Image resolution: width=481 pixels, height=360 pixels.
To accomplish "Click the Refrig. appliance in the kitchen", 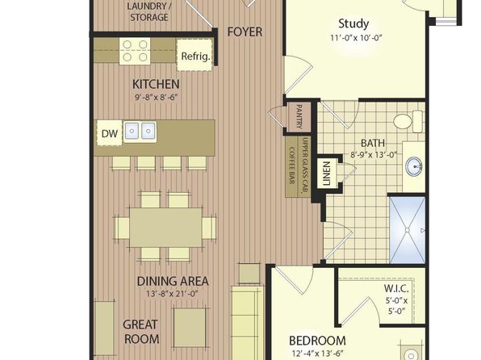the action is pyautogui.click(x=194, y=55).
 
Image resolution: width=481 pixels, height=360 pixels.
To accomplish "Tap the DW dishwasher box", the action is pyautogui.click(x=110, y=133).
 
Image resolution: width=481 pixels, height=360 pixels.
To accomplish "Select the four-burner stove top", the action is pyautogui.click(x=135, y=51).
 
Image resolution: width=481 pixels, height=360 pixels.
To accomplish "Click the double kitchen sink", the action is pyautogui.click(x=140, y=132).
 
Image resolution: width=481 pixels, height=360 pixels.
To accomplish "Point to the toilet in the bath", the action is pyautogui.click(x=408, y=121).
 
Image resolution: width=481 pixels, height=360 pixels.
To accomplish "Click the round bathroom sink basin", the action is pyautogui.click(x=414, y=167).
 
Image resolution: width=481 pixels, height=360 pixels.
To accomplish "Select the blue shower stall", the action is pyautogui.click(x=408, y=230).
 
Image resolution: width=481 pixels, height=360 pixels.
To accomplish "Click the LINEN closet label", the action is pyautogui.click(x=326, y=174).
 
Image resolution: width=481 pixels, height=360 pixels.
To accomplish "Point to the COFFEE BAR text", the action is pyautogui.click(x=291, y=166).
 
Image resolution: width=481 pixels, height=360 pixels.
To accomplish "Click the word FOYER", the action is pyautogui.click(x=245, y=32).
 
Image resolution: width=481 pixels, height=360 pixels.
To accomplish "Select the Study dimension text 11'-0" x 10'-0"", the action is pyautogui.click(x=356, y=38).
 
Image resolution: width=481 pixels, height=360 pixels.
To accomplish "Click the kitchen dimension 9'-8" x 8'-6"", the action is pyautogui.click(x=157, y=98).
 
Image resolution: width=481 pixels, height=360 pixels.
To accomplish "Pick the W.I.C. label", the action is pyautogui.click(x=396, y=288).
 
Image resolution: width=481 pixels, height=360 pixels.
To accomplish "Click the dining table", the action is pyautogui.click(x=165, y=227).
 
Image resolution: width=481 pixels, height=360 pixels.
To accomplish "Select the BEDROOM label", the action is pyautogui.click(x=317, y=341).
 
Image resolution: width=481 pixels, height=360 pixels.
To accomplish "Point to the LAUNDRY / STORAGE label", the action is pyautogui.click(x=149, y=11).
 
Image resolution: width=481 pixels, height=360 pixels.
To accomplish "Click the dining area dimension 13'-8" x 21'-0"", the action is pyautogui.click(x=172, y=294).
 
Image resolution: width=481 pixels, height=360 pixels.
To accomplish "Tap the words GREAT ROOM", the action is pyautogui.click(x=140, y=332).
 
